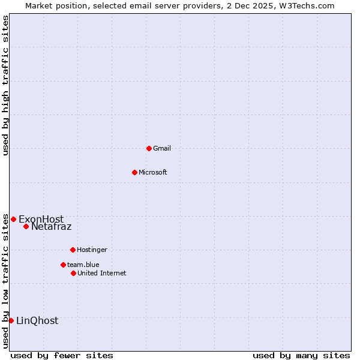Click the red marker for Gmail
(x=149, y=148)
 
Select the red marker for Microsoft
(x=134, y=172)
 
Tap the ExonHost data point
(x=13, y=219)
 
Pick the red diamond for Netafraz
(x=26, y=226)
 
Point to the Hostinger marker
(x=73, y=250)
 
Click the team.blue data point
(x=63, y=265)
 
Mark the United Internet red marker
(x=73, y=273)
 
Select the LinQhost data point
(x=11, y=320)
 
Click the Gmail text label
(x=162, y=148)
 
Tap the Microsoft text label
(x=153, y=172)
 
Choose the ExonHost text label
(x=41, y=219)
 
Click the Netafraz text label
(x=51, y=226)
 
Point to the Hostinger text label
(x=92, y=250)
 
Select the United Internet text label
(x=101, y=273)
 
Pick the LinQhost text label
(x=37, y=320)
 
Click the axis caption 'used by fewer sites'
(x=62, y=355)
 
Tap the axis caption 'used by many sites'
(x=301, y=355)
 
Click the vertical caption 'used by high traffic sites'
(x=5, y=85)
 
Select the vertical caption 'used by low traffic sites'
(x=5, y=281)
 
